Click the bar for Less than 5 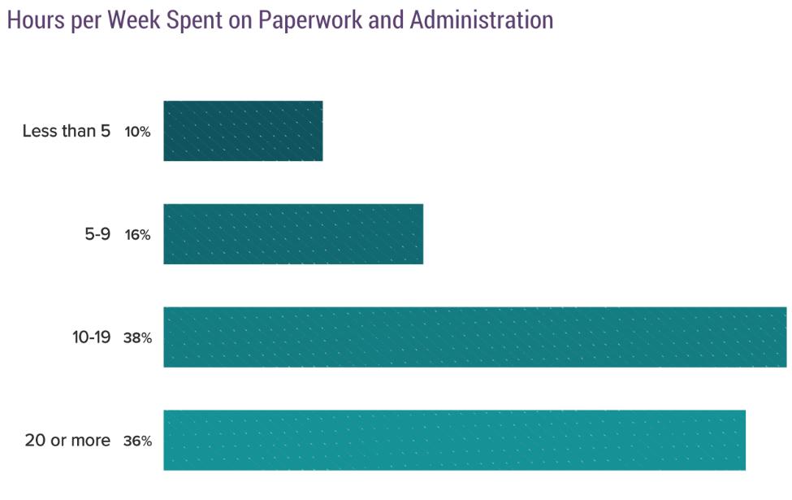[243, 131]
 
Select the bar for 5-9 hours [293, 234]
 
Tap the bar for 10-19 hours [475, 337]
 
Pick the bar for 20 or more [454, 440]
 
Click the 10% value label [137, 132]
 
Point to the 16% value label [137, 235]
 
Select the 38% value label [137, 338]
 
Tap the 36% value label [137, 441]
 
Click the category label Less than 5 [66, 131]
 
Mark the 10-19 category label [91, 337]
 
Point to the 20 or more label [67, 441]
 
